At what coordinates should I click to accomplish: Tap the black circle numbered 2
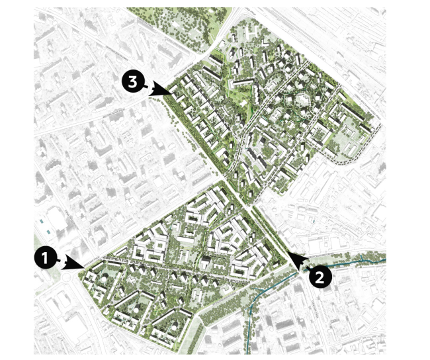point(319,277)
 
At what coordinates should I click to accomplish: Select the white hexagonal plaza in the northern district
point(301,100)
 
